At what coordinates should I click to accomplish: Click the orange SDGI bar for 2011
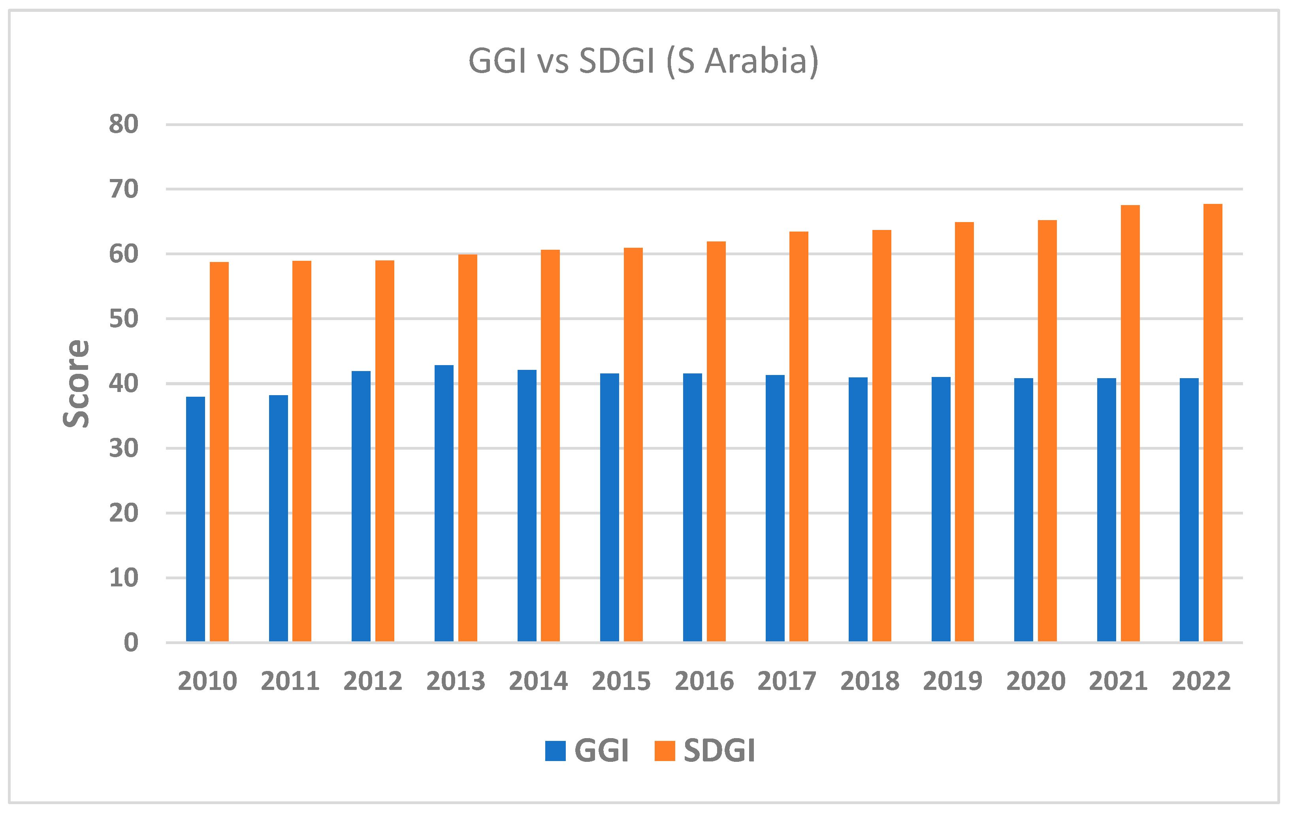301,451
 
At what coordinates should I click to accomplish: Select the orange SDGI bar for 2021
1130,423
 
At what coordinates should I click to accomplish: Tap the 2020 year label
1036,682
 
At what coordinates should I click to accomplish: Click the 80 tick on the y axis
124,124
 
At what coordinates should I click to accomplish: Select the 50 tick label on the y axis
124,319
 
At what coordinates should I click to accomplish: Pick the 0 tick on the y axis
131,643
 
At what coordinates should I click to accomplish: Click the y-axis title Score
77,383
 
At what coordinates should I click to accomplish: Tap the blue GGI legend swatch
555,751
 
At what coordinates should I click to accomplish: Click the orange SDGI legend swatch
665,751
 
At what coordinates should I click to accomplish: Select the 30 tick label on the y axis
124,448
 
